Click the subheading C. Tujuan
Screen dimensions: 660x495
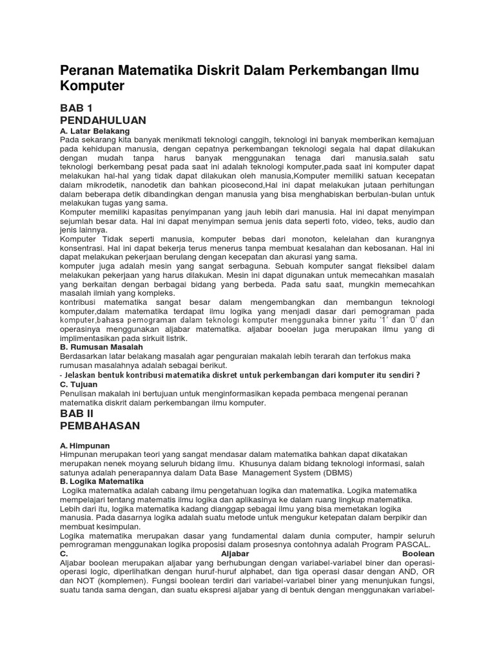click(79, 384)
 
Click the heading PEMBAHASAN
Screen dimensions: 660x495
click(100, 426)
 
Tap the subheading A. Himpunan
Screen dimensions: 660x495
click(85, 445)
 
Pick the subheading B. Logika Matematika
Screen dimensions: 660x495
click(102, 481)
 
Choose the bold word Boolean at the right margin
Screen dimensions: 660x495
click(418, 554)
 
